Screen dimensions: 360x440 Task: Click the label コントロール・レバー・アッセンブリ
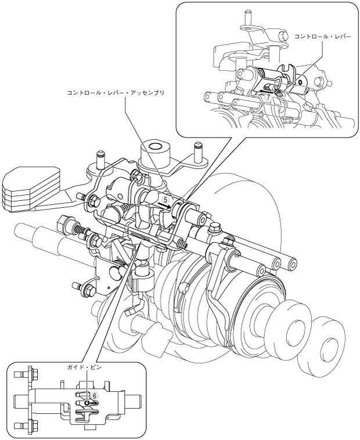(x=116, y=93)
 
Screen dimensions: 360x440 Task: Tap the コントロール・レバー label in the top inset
(x=323, y=37)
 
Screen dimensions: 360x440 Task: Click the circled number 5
(x=165, y=200)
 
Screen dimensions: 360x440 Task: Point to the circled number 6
(x=95, y=396)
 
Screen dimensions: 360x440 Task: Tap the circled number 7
(x=268, y=98)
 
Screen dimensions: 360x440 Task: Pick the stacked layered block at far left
(x=30, y=188)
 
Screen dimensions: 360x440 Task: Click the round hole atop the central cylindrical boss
(x=154, y=146)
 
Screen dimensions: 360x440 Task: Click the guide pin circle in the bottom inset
(x=88, y=403)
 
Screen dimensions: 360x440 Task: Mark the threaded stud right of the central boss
(x=199, y=152)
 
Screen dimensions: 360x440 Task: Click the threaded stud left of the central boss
(x=100, y=160)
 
